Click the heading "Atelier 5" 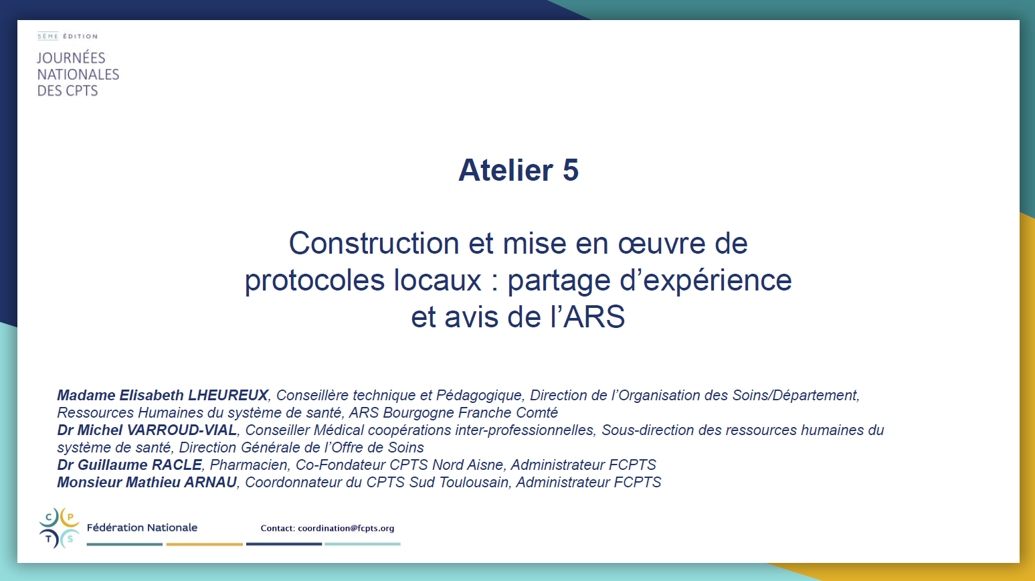click(x=518, y=170)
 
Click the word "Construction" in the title click(x=374, y=243)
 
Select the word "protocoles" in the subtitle click(x=314, y=281)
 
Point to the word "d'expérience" click(x=706, y=280)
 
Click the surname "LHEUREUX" click(x=227, y=395)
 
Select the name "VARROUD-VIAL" click(x=181, y=430)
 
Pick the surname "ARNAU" click(x=210, y=482)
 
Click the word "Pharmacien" click(x=249, y=465)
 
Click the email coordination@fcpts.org click(x=346, y=528)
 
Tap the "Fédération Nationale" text click(x=142, y=527)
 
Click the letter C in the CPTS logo click(x=49, y=517)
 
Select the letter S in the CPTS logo click(x=70, y=539)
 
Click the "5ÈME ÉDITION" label click(x=68, y=36)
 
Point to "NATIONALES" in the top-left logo click(x=78, y=74)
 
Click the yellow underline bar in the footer click(x=204, y=544)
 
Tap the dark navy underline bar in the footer click(x=284, y=544)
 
